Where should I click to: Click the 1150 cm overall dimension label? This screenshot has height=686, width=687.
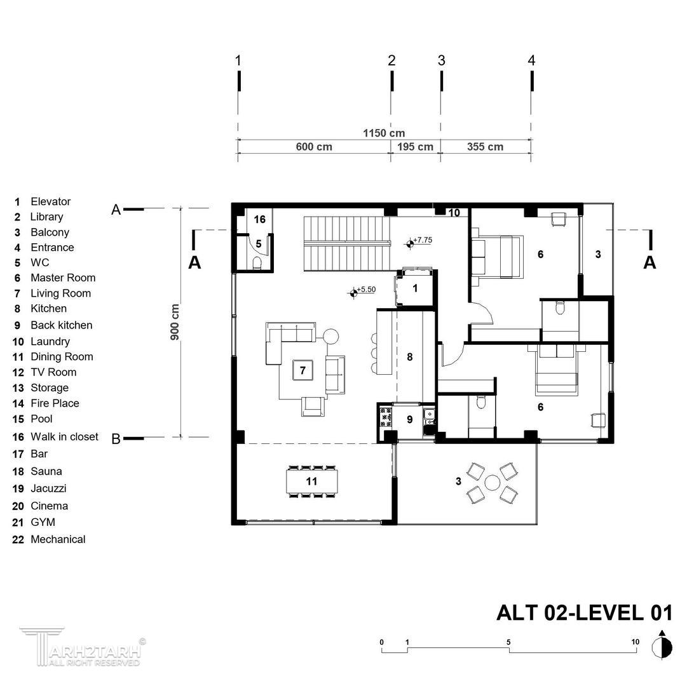384,133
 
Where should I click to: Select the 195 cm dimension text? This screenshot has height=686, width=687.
415,147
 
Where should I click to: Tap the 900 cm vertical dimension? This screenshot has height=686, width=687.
175,322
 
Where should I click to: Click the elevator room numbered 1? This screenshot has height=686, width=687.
415,288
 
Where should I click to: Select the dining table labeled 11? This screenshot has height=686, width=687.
311,481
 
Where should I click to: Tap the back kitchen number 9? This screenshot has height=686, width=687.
410,419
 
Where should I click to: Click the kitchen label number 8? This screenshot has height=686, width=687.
410,357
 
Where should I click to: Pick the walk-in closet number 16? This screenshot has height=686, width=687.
260,219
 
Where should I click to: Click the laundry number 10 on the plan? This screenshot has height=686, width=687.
454,213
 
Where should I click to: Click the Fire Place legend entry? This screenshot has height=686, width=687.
46,403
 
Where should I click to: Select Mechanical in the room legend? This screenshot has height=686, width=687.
49,539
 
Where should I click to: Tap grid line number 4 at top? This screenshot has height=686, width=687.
531,60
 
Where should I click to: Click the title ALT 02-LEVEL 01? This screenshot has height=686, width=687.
584,612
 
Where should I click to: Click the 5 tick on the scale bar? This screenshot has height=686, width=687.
508,642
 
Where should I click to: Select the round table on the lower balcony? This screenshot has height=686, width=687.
493,483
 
